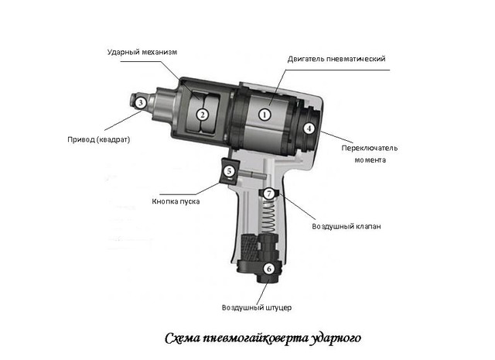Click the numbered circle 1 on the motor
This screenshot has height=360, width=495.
pyautogui.click(x=265, y=115)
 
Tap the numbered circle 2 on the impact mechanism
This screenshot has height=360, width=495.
pyautogui.click(x=203, y=115)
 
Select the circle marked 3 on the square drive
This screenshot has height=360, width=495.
pyautogui.click(x=141, y=103)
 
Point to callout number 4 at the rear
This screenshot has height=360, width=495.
pyautogui.click(x=309, y=129)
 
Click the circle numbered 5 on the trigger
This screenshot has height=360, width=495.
pyautogui.click(x=229, y=171)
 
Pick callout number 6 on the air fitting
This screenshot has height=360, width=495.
pyautogui.click(x=269, y=269)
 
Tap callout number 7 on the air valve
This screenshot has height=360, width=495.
pyautogui.click(x=269, y=194)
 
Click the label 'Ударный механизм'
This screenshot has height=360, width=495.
pyautogui.click(x=142, y=52)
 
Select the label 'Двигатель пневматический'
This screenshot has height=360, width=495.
pyautogui.click(x=336, y=59)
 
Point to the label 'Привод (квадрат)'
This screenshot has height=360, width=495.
pyautogui.click(x=99, y=139)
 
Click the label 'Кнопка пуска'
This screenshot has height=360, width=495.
pyautogui.click(x=176, y=201)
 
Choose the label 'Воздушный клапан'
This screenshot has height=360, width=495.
pyautogui.click(x=346, y=227)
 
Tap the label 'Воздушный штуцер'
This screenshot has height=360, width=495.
pyautogui.click(x=257, y=307)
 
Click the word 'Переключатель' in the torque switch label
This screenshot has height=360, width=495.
pyautogui.click(x=370, y=148)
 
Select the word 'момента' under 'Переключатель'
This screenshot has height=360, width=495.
pyautogui.click(x=370, y=160)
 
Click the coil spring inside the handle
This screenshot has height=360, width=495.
pyautogui.click(x=268, y=217)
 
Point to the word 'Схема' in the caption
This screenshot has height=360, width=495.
pyautogui.click(x=183, y=338)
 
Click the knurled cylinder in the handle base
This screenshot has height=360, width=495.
pyautogui.click(x=250, y=247)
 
